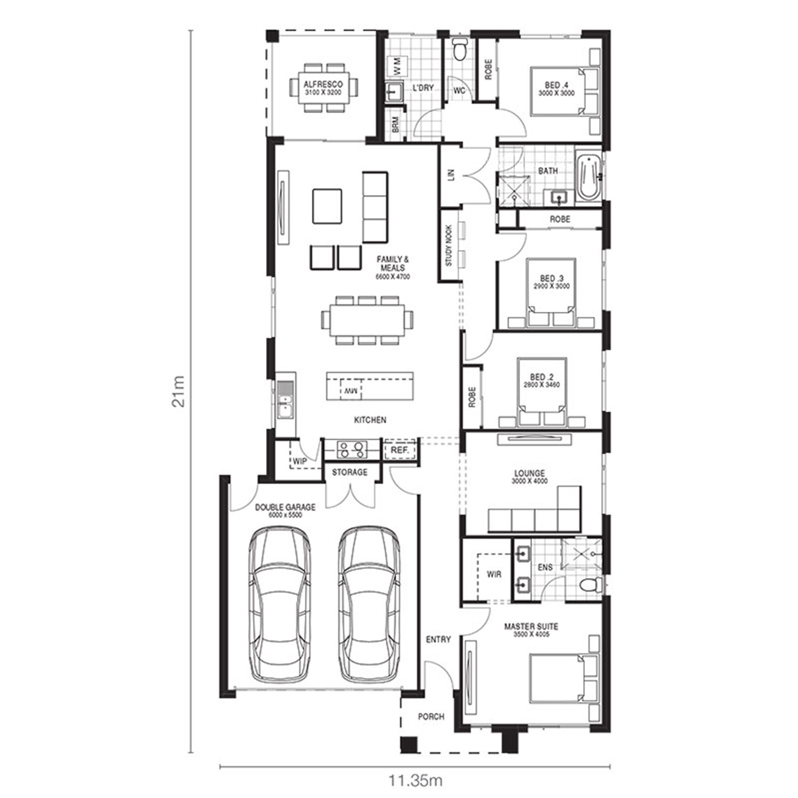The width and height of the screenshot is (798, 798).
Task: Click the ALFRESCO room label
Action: pos(323,84)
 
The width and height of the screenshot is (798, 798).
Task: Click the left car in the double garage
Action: pos(280,604)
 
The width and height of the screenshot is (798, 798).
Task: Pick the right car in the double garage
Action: pos(369,604)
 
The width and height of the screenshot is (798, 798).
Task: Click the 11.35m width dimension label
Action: pos(415,781)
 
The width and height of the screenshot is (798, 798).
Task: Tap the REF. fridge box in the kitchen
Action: pos(400,450)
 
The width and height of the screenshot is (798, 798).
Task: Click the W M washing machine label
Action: pos(397,65)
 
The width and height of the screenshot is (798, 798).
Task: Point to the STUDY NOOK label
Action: pos(448,245)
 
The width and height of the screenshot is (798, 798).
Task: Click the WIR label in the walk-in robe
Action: pos(494,574)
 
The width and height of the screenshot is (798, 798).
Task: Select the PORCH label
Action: pos(431,717)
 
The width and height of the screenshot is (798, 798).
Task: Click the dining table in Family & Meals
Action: pos(367,319)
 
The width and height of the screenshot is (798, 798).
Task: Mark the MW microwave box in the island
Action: pos(351,389)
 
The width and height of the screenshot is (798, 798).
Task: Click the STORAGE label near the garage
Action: pos(350,472)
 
